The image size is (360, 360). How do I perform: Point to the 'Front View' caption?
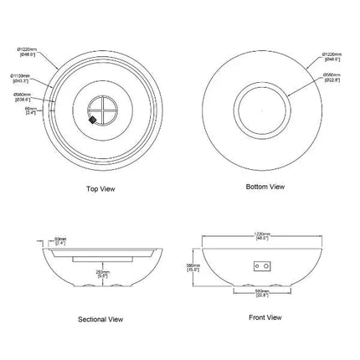(x=265, y=317)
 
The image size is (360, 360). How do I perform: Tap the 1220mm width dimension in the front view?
(x=265, y=238)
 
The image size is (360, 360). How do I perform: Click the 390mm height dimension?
(x=192, y=266)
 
